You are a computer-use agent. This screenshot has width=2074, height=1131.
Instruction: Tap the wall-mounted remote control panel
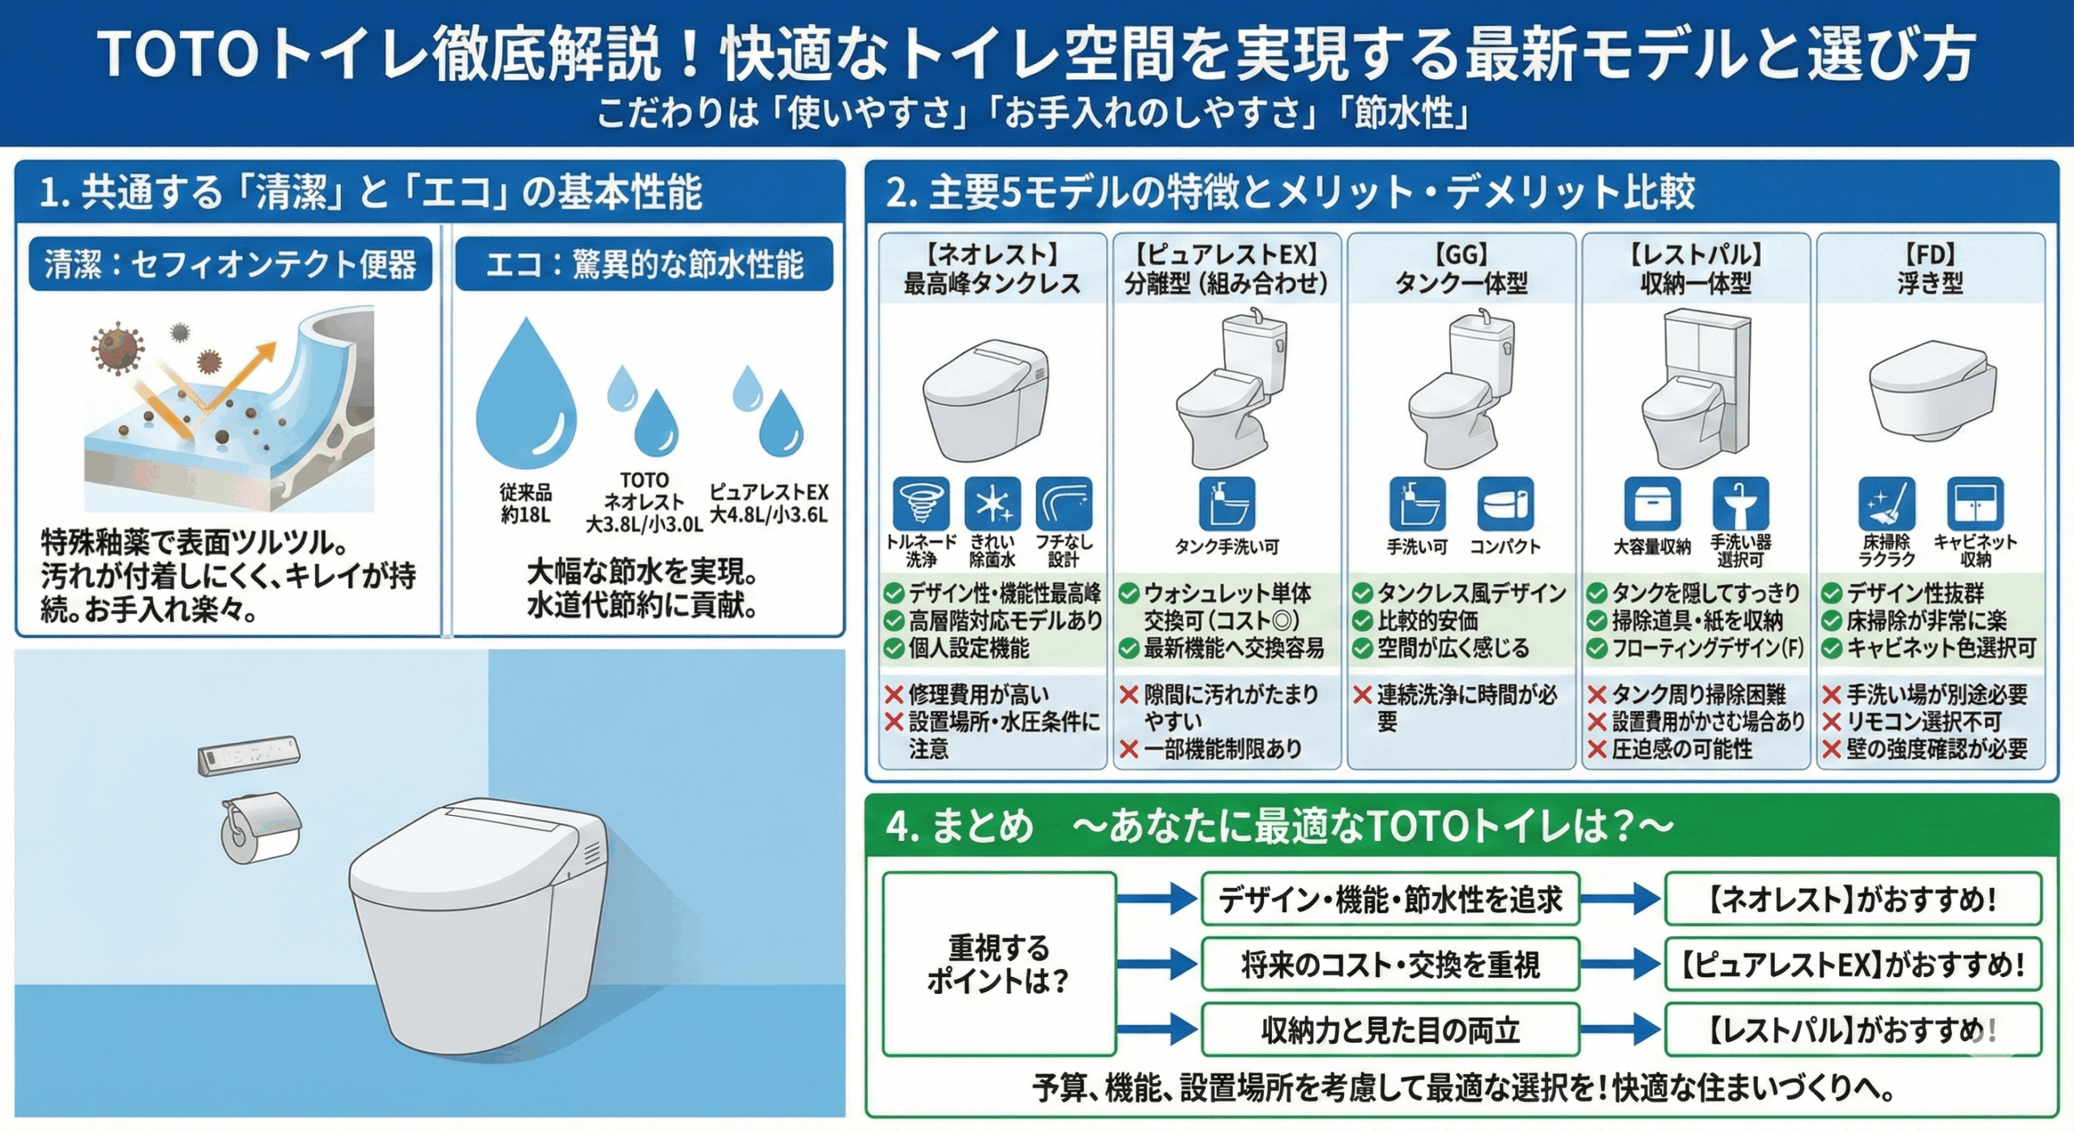tap(249, 755)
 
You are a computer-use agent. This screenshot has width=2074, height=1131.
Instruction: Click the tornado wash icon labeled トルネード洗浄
tap(920, 503)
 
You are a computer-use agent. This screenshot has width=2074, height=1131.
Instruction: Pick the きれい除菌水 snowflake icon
tap(992, 503)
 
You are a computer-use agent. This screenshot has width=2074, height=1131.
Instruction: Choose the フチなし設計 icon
tap(1064, 503)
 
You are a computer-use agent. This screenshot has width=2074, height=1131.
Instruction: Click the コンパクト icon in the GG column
tap(1505, 503)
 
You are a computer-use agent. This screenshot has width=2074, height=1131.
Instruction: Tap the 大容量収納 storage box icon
tap(1652, 503)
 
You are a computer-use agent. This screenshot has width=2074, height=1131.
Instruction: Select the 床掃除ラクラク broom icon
tap(1887, 503)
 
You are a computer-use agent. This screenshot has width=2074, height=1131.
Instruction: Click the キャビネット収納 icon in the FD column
tap(1975, 503)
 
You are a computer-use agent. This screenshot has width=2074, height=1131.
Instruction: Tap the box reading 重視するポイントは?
tap(999, 964)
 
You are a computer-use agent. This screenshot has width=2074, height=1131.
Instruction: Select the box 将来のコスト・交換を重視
tap(1390, 964)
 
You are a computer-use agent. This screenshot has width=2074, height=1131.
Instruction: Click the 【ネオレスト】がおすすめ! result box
tap(1853, 898)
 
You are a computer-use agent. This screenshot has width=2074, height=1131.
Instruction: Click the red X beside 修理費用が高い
tap(894, 694)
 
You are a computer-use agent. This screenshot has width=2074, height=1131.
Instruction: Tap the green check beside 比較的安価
tap(1362, 621)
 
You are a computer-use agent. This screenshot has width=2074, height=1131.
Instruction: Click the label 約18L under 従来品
tap(525, 514)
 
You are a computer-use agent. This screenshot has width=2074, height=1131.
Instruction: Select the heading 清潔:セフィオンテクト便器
tap(230, 264)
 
